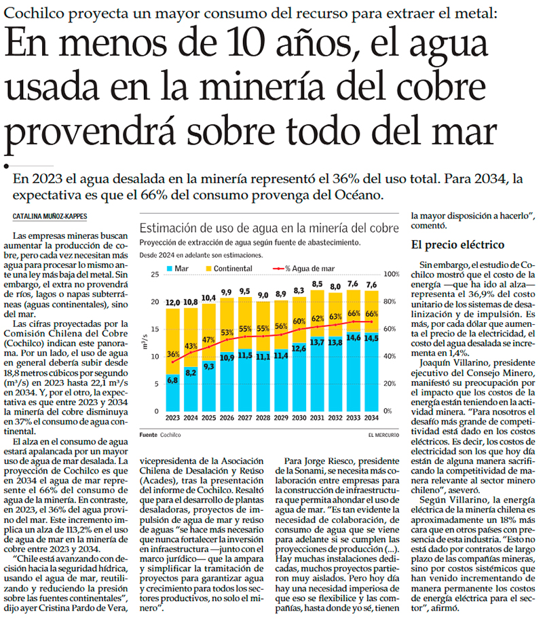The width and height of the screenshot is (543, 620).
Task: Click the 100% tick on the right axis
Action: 394,274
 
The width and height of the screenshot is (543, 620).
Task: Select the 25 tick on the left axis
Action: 155,274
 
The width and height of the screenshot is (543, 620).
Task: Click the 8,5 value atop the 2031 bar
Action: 317,284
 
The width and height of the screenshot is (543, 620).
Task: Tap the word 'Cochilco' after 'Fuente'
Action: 170,433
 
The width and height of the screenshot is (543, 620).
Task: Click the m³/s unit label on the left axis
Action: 147,337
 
